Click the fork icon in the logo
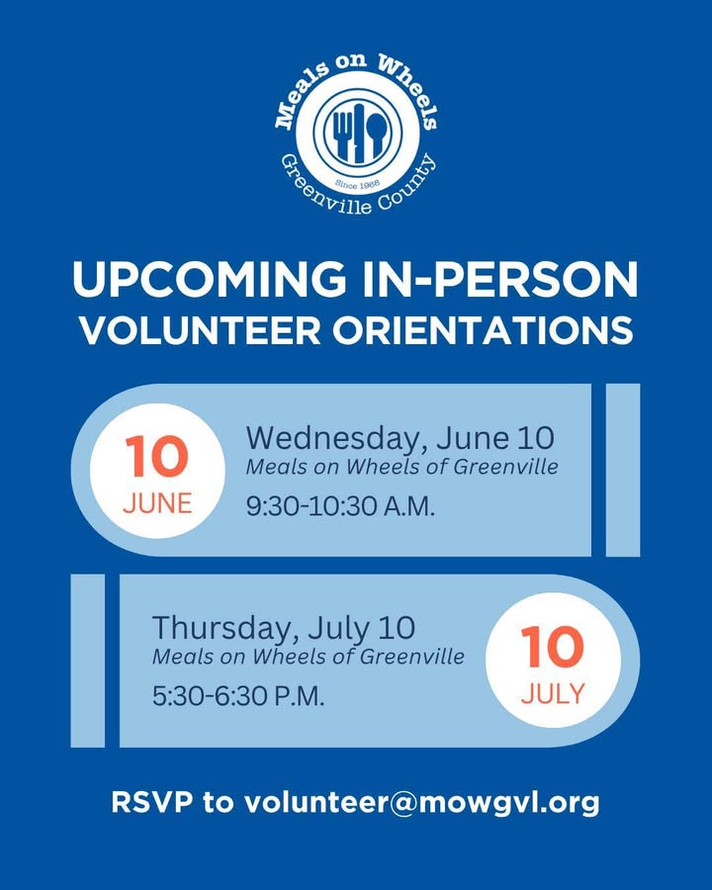coord(343,133)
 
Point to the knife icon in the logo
coord(359,133)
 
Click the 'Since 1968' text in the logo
coord(358,183)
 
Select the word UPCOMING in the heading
coord(209,279)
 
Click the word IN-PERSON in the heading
coord(500,279)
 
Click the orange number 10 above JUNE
coord(156,456)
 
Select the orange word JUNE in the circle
coord(157,503)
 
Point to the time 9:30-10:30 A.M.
coord(340,505)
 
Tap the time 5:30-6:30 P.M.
coord(238,695)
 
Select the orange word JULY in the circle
coord(553,693)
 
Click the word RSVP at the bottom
coord(151,803)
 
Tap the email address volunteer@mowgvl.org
coord(422,803)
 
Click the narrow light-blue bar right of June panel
coord(623,470)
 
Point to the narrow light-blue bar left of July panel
coord(87,661)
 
